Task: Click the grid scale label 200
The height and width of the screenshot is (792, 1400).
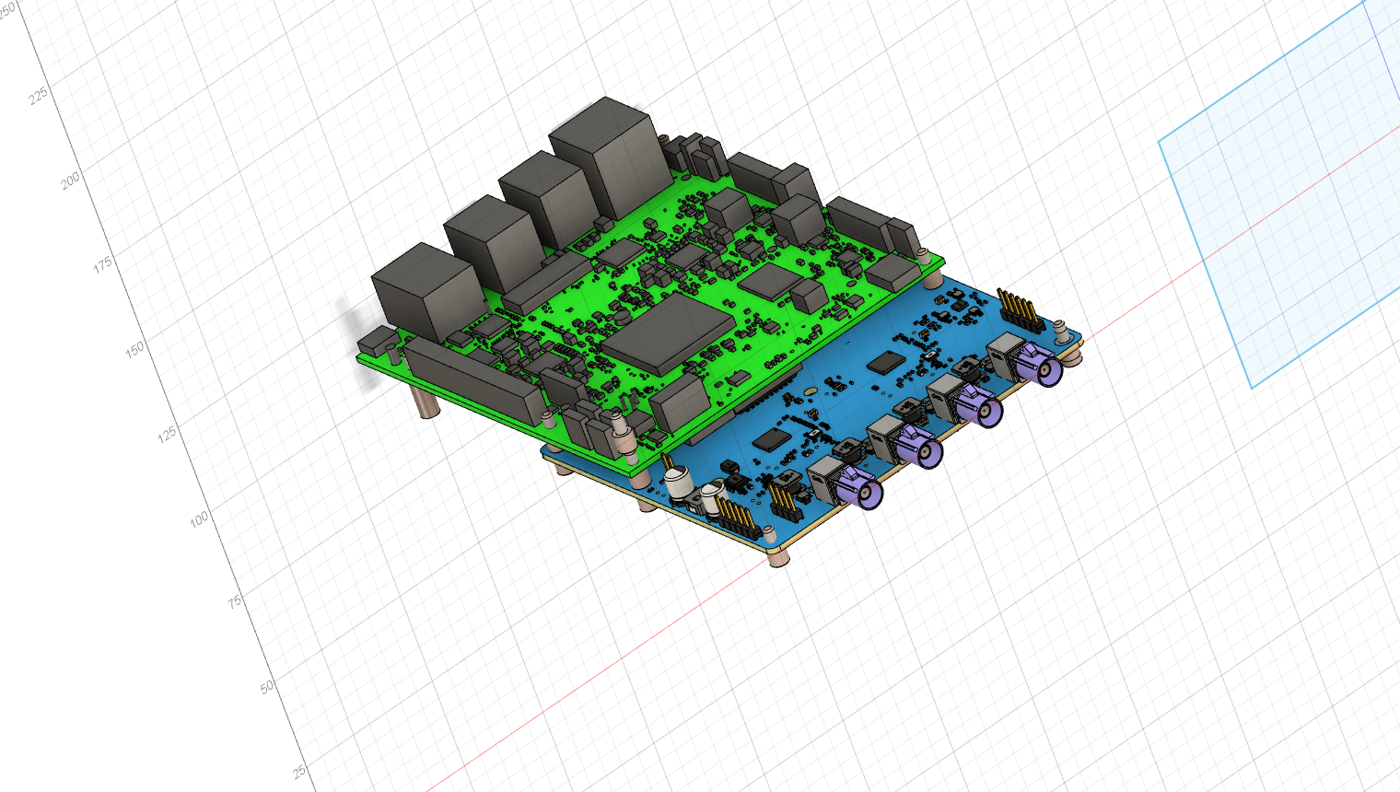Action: click(70, 181)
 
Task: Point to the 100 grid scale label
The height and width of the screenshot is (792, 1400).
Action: click(199, 518)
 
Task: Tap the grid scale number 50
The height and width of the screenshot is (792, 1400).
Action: click(267, 687)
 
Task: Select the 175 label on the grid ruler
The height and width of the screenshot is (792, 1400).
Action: click(102, 264)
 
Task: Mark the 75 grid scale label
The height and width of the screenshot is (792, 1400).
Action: click(234, 602)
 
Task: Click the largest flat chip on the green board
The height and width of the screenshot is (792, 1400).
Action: click(668, 335)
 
